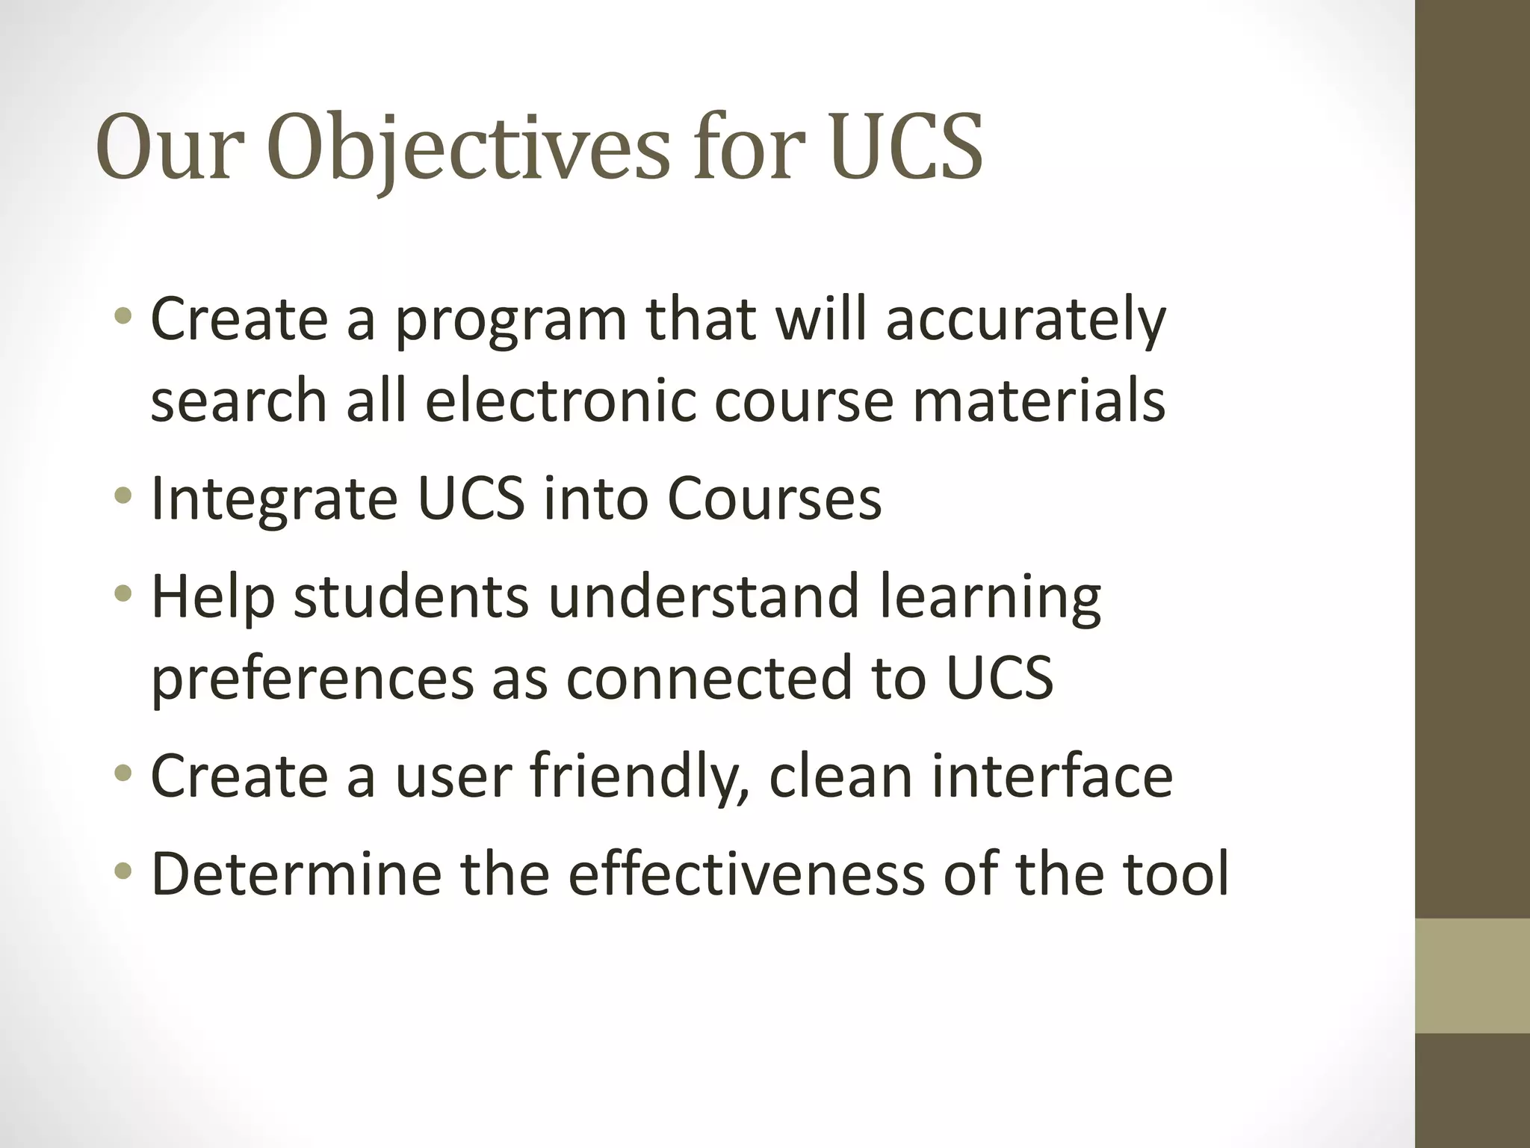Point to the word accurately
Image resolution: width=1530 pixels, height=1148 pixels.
1026,320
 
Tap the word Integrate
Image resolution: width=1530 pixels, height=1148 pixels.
274,499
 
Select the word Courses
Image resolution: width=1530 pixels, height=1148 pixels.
774,499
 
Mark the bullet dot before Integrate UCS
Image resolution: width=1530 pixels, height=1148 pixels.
124,496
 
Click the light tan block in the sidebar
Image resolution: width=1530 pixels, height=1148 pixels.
1472,975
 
